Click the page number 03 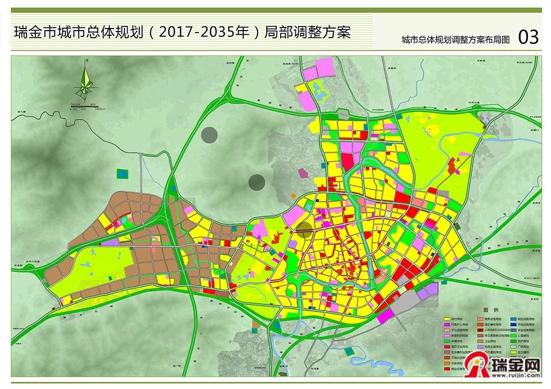coord(528,37)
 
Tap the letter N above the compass coord(87,61)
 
